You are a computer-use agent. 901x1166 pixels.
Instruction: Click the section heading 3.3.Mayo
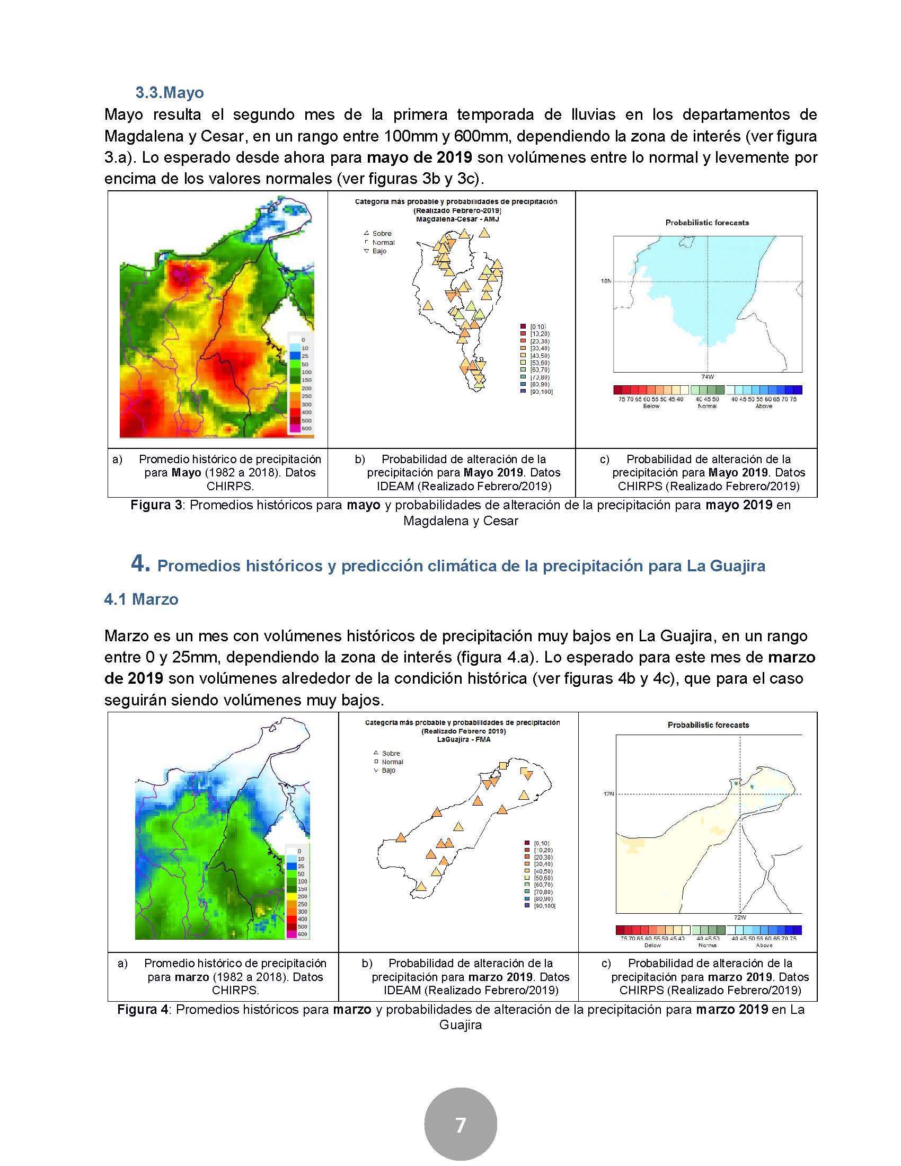pos(169,93)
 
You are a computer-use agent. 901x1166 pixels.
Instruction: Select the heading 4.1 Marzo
pos(141,599)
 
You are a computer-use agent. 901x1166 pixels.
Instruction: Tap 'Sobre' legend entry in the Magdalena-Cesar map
pos(382,233)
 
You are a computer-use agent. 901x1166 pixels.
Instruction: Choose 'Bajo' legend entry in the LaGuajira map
pos(388,771)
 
